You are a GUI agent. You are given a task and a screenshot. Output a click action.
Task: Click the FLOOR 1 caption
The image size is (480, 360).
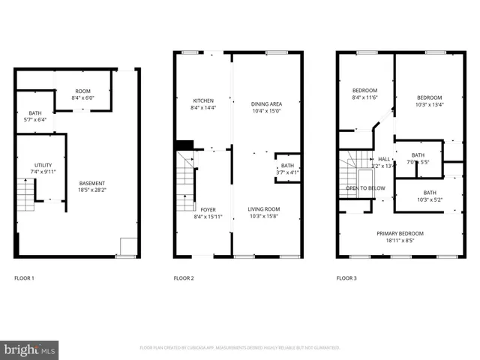coord(24,278)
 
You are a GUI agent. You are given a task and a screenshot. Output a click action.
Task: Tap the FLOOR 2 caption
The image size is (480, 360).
coord(184,278)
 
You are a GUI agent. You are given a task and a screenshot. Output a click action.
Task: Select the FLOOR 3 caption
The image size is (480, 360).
coord(346,278)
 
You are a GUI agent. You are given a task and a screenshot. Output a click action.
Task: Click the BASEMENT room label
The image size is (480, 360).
coord(93,184)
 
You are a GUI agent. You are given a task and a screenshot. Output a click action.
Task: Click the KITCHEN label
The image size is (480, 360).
coord(203,100)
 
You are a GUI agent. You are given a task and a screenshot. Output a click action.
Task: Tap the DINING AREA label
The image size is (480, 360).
coord(265,103)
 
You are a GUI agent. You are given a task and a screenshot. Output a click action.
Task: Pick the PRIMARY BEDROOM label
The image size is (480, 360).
coord(400,233)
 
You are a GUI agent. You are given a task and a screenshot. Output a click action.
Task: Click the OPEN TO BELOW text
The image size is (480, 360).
coord(365,188)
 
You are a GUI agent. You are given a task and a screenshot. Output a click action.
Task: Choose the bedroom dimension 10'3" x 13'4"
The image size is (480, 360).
coord(429,105)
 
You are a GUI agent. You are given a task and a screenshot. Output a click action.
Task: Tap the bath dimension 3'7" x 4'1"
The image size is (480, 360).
coord(287,172)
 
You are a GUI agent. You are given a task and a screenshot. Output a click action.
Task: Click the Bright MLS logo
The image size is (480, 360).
coord(30,349)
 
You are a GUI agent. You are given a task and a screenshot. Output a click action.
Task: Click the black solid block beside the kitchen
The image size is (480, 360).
coord(184,145)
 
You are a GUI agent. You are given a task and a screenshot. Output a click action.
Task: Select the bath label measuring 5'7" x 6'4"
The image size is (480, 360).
coord(35,113)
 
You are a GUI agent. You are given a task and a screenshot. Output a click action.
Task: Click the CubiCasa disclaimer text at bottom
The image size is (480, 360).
coord(240,348)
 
